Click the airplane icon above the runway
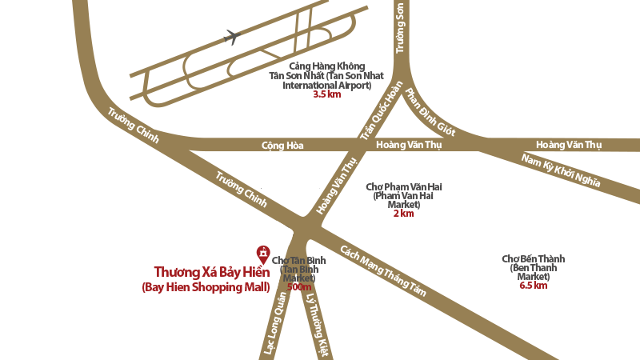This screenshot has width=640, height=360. tap(233, 35)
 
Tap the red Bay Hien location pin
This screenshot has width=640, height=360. tap(262, 254)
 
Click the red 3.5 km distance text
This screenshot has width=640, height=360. tap(326, 94)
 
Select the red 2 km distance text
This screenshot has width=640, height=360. tap(403, 214)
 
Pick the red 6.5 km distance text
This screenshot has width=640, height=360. tap(533, 284)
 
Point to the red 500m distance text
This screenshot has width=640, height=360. tap(298, 286)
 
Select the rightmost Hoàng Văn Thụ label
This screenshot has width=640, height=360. tap(568, 145)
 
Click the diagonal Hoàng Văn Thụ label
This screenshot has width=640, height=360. tap(337, 186)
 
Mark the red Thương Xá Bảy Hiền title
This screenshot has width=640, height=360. tap(211, 272)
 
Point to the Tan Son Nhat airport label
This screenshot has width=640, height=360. tap(326, 75)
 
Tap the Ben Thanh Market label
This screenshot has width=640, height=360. tap(533, 267)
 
